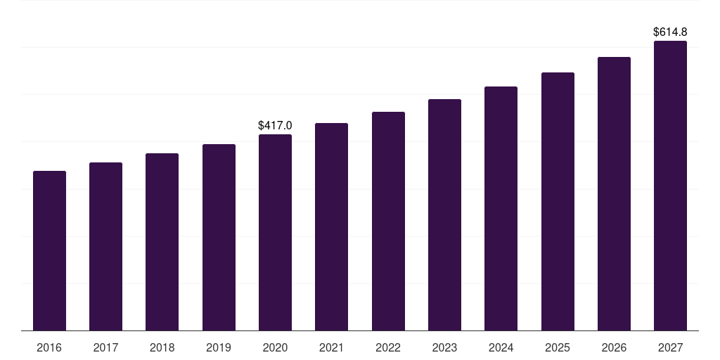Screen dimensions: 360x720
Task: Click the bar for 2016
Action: [49, 250]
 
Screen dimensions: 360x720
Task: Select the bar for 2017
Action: [105, 246]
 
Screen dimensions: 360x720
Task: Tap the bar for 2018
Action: [162, 242]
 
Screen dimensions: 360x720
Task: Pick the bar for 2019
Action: [219, 237]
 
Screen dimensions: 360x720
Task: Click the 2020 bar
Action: [275, 232]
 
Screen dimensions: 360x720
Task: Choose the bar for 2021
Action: [331, 226]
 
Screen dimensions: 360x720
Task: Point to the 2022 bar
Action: [388, 221]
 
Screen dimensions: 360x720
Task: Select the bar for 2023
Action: [444, 214]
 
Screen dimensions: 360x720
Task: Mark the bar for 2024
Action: [501, 208]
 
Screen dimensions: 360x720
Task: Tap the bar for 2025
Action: [558, 201]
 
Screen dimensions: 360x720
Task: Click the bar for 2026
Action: [614, 193]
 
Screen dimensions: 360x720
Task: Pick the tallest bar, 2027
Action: [670, 186]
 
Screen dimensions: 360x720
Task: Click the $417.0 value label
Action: [275, 126]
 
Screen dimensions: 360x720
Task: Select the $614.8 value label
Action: [670, 32]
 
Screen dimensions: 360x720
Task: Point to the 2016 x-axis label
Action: [49, 348]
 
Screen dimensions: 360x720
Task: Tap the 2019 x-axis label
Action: [219, 348]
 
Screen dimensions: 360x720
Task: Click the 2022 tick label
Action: [388, 348]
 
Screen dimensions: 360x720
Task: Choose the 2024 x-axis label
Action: [501, 348]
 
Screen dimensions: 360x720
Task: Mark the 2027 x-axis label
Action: [670, 348]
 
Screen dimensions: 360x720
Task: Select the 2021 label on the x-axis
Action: [331, 348]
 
